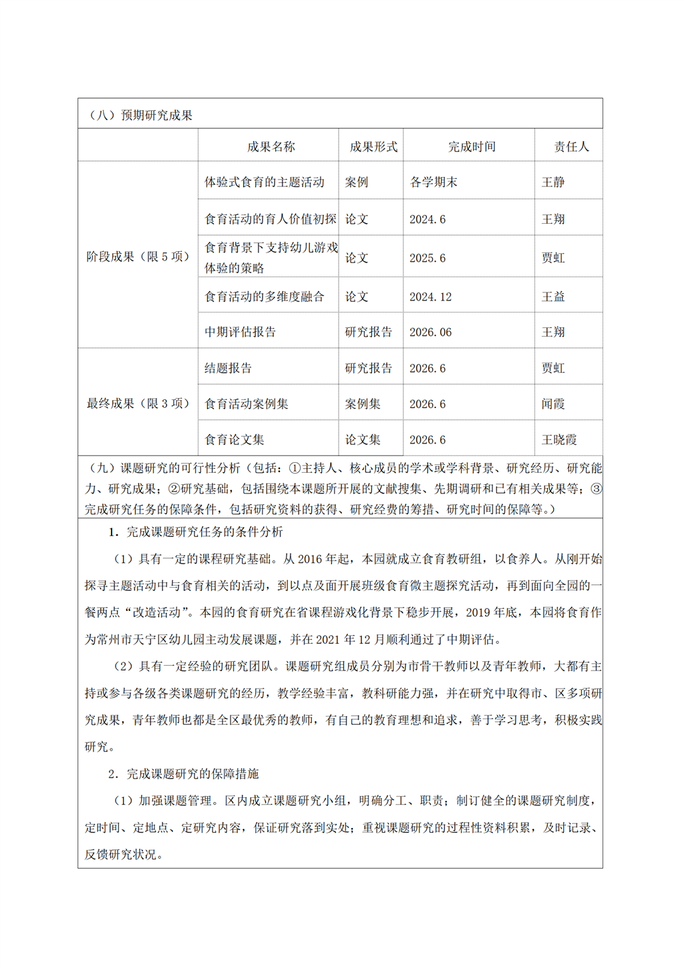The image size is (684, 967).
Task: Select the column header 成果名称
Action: coord(271,146)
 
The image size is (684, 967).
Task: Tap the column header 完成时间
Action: coord(472,146)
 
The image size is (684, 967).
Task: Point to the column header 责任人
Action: coord(571,146)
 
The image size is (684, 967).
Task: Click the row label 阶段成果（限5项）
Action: coord(138,256)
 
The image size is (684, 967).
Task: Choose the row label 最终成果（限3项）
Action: coord(138,403)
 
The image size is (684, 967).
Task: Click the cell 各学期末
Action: coord(434,182)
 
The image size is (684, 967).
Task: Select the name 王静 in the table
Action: coord(553,182)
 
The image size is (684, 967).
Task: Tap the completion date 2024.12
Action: coord(430,297)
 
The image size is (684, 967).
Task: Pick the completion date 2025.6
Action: coord(427,258)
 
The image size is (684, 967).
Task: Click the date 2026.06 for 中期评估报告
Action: coord(430,332)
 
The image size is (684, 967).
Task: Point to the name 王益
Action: coord(553,297)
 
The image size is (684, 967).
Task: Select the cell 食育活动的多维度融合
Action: coord(265,297)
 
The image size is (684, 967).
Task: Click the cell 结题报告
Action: coord(228,368)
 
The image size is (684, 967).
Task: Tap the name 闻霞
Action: coord(553,404)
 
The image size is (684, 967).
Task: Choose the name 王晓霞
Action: coord(559,439)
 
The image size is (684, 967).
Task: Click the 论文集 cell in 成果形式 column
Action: coord(363,439)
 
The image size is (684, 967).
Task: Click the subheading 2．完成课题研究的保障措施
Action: coord(184,773)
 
